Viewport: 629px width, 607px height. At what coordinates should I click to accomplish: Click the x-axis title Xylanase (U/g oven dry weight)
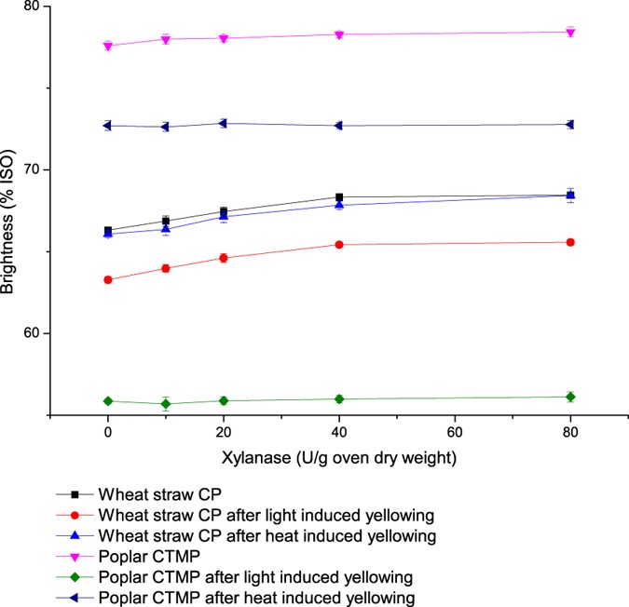point(339,458)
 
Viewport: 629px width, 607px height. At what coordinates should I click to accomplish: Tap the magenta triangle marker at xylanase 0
point(108,46)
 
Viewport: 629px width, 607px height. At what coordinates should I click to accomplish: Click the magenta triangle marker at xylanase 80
point(570,33)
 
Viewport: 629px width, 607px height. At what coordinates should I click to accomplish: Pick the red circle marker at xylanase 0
point(108,279)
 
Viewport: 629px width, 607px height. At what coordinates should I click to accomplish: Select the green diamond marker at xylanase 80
point(570,397)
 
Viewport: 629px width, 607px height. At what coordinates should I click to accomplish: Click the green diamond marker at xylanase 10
point(166,404)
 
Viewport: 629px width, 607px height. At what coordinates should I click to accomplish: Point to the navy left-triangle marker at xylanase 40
point(338,126)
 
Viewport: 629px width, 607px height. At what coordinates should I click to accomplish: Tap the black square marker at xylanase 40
point(339,197)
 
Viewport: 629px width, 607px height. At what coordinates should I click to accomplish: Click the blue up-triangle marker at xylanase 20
point(224,216)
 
